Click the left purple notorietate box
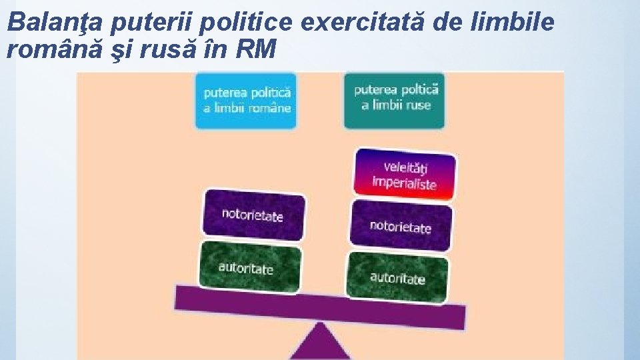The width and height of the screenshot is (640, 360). tap(252, 215)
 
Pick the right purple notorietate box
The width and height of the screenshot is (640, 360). tap(400, 226)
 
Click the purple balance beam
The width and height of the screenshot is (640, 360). tap(320, 306)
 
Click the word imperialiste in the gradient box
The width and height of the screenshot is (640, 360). tap(404, 182)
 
